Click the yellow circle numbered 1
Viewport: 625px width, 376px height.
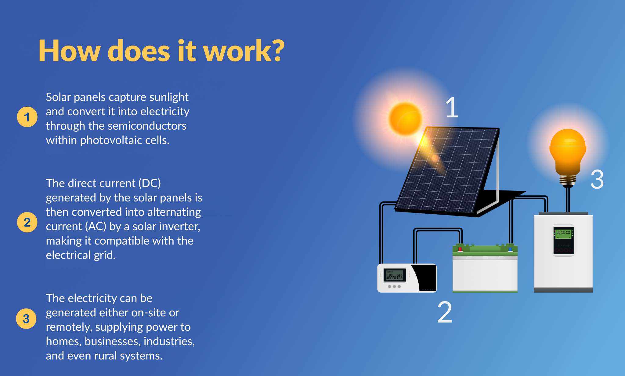27,117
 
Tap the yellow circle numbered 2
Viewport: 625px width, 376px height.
27,222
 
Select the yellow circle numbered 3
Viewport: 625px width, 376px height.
26,319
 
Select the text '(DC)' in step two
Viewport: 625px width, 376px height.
150,183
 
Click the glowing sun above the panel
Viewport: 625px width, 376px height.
406,119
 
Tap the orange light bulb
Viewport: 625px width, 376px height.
568,158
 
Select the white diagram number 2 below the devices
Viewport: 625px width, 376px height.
445,312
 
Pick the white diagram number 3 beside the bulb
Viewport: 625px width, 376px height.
597,179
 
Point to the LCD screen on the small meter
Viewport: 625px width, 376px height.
395,275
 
